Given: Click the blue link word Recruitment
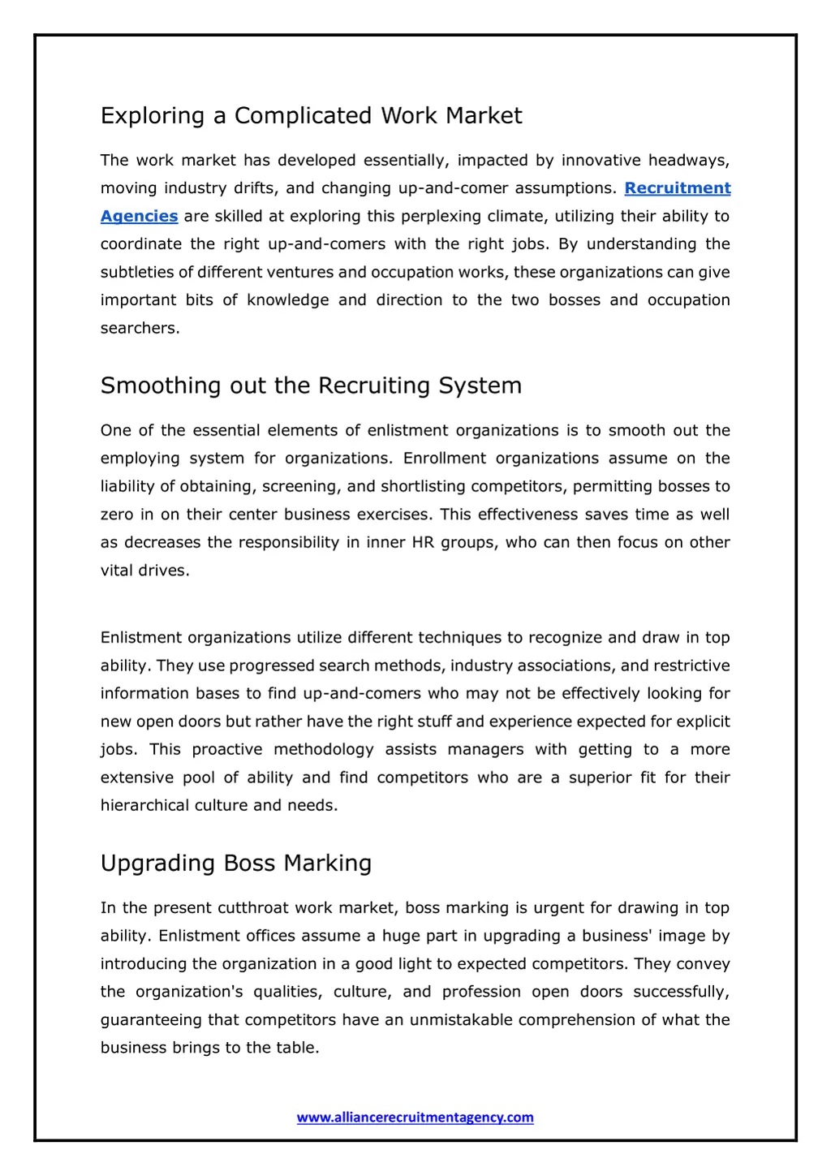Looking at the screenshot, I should (x=678, y=188).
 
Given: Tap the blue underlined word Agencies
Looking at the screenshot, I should (x=139, y=216).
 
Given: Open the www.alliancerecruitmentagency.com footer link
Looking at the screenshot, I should (x=415, y=1118).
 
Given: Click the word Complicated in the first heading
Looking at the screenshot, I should (x=304, y=116).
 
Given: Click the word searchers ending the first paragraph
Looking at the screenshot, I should (x=139, y=328).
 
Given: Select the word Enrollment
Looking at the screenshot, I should (x=445, y=459).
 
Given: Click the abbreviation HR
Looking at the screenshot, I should (x=423, y=542).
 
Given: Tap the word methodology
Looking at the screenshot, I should (x=323, y=749).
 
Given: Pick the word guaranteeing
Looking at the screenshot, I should (x=152, y=1020).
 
